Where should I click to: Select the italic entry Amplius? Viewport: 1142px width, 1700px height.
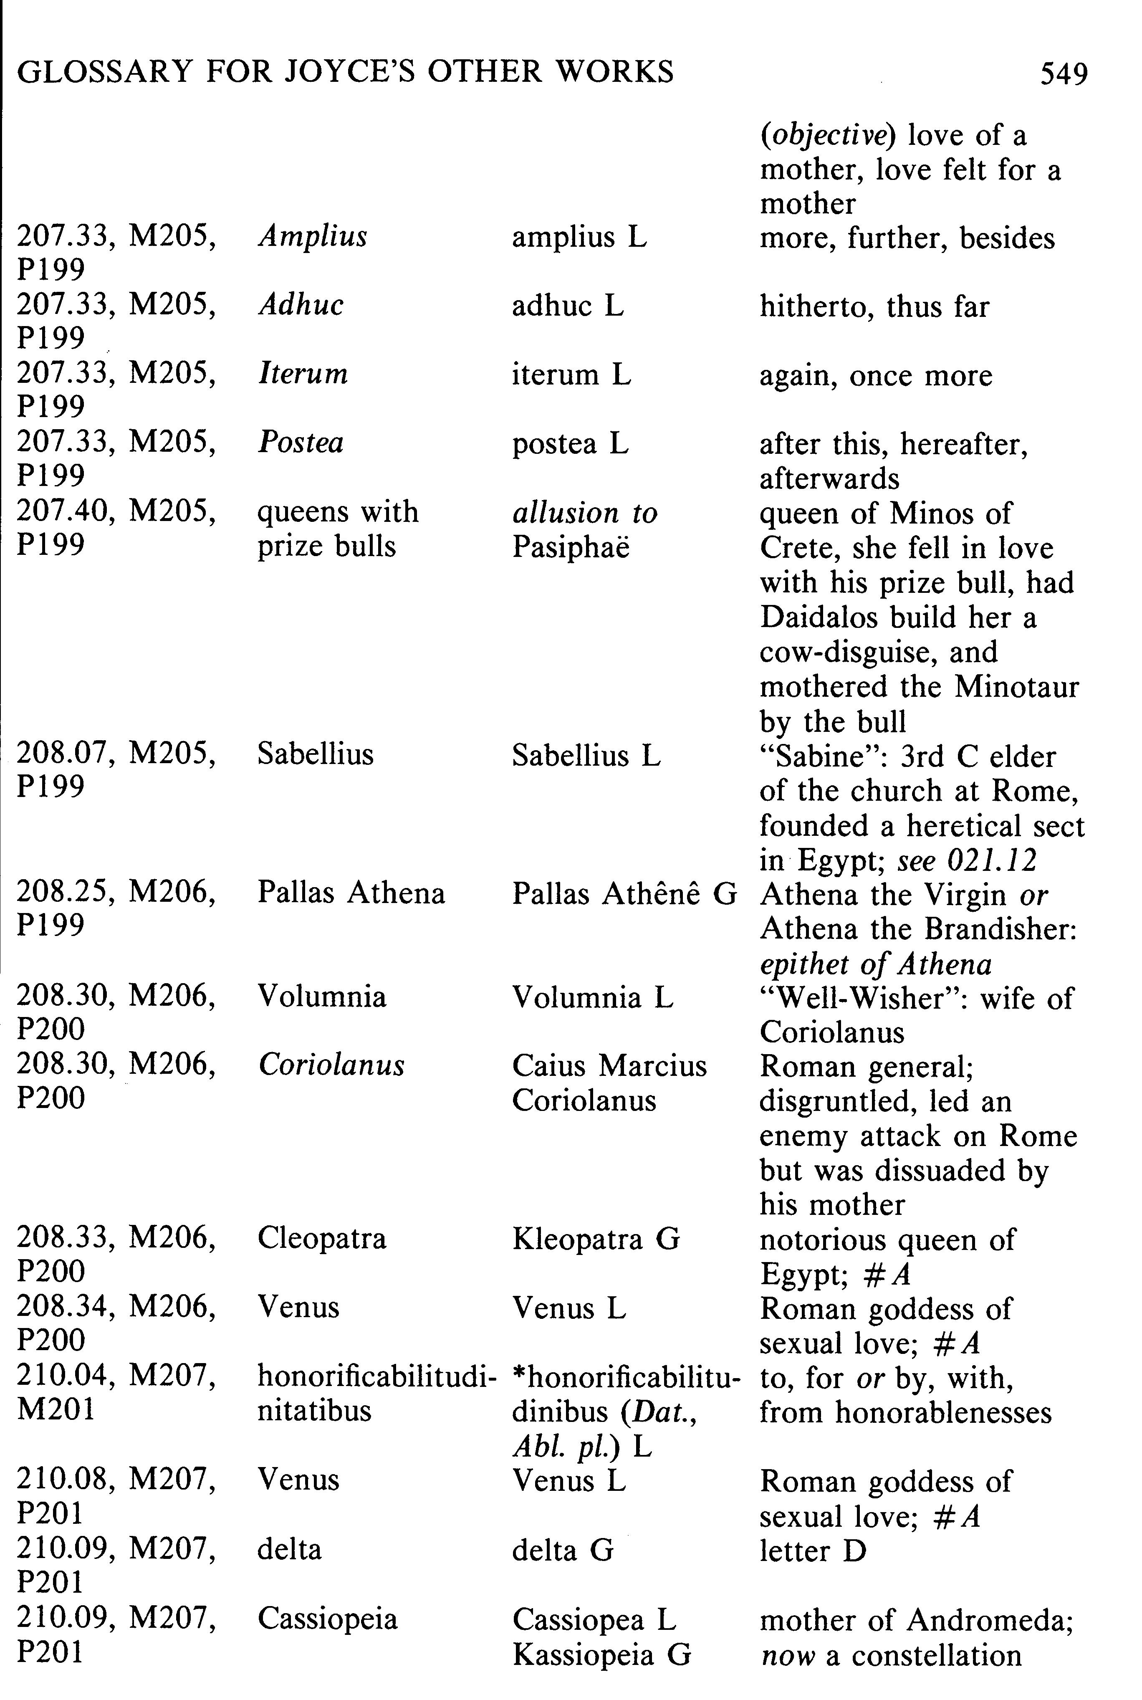(x=313, y=237)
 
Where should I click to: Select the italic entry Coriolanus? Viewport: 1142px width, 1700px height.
(x=331, y=1065)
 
